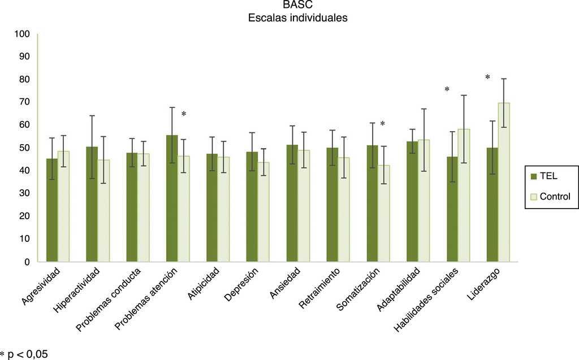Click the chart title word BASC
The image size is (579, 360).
point(297,6)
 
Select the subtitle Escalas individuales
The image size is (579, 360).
point(297,18)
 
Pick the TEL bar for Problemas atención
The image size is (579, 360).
point(172,198)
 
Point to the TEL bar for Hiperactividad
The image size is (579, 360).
point(92,204)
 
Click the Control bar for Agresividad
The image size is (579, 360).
point(63,206)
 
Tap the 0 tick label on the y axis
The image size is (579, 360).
point(26,262)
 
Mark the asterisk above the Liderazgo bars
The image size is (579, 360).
point(487,77)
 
